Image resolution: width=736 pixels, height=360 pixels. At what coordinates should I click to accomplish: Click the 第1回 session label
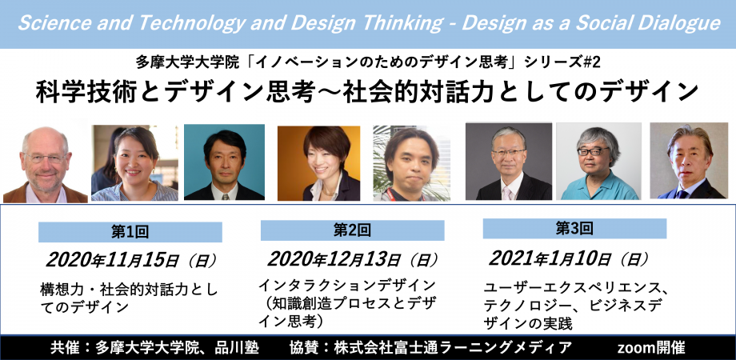(x=130, y=232)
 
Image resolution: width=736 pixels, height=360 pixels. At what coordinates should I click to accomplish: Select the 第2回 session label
(x=352, y=230)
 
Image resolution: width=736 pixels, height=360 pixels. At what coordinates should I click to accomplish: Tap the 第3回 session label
(x=574, y=229)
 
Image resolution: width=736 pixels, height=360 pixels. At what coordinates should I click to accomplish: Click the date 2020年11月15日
(x=112, y=260)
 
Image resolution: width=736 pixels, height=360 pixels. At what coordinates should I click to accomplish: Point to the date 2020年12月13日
(x=334, y=258)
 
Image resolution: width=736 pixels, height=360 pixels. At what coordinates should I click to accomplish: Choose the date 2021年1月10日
(x=550, y=258)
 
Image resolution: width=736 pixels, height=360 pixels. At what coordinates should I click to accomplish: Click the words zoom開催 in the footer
(x=651, y=348)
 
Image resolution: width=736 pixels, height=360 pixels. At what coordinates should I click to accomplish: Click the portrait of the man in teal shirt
(x=598, y=161)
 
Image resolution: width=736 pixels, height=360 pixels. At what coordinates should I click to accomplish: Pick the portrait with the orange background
(x=318, y=163)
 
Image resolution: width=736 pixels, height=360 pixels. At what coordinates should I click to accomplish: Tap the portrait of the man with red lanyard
(x=412, y=163)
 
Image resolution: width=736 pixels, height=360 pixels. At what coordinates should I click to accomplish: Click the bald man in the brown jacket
(x=45, y=165)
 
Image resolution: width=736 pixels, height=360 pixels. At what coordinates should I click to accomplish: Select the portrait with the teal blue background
(x=224, y=162)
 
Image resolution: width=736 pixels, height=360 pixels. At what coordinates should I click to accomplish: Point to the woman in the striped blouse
(x=134, y=163)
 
